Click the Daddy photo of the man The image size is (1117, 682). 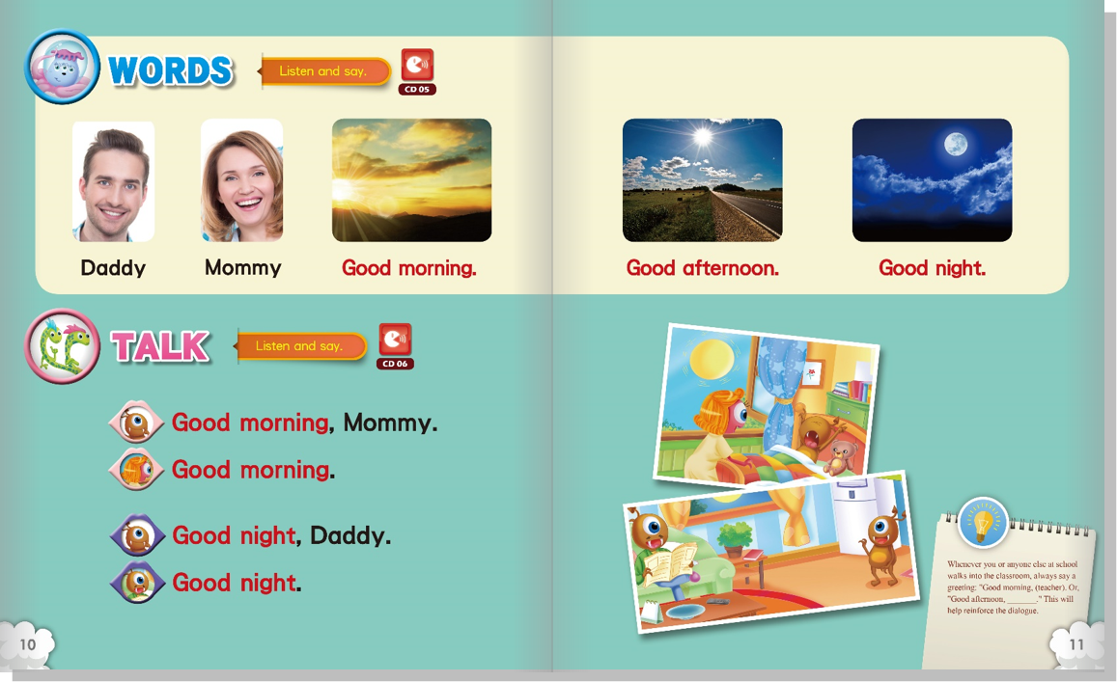pos(113,180)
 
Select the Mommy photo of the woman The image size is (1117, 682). pos(241,180)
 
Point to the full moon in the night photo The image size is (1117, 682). pos(956,146)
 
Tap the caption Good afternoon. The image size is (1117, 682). pos(703,268)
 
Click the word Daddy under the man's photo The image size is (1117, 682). pos(113,268)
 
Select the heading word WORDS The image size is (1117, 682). pos(170,70)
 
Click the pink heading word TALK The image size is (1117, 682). pos(160,346)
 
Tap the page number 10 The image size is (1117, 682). pos(27,644)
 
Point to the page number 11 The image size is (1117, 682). pos(1075,644)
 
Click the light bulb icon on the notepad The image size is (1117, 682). pos(983,523)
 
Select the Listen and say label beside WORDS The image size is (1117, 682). pos(322,71)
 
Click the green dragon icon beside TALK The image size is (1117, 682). pos(63,346)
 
